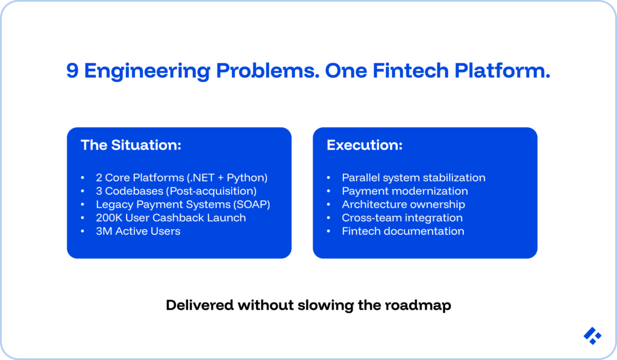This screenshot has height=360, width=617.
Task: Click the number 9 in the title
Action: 73,71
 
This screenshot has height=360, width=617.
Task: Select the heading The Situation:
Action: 131,145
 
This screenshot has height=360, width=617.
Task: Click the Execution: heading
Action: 365,145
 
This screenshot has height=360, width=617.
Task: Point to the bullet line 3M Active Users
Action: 138,231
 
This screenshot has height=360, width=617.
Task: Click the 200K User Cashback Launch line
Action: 171,218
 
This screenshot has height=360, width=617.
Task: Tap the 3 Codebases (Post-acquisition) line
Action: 176,191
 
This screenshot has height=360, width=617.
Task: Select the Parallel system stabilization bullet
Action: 413,178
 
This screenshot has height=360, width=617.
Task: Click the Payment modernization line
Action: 404,191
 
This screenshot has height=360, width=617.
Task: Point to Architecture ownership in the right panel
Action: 403,204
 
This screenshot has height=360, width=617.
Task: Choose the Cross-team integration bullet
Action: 402,218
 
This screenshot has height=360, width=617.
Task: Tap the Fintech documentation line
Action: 402,231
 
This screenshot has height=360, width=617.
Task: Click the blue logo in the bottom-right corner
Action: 592,336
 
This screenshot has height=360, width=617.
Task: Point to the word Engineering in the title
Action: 147,71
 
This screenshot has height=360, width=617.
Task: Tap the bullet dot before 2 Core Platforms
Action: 83,178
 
